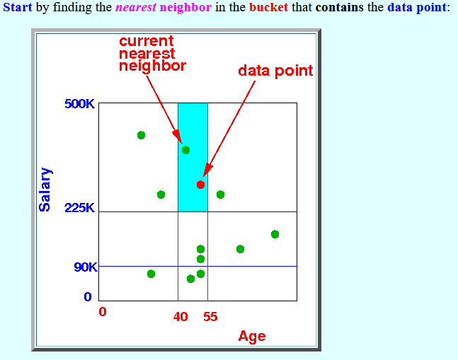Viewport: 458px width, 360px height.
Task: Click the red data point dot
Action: (200, 185)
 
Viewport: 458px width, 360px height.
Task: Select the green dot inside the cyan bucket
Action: (185, 150)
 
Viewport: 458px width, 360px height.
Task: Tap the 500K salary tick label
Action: (79, 104)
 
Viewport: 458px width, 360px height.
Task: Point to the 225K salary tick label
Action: (79, 208)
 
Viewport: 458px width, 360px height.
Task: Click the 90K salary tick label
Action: (85, 267)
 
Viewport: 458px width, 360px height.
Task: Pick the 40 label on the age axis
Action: (181, 317)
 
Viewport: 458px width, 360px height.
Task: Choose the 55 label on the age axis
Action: (211, 317)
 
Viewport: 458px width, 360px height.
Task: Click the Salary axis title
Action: (45, 190)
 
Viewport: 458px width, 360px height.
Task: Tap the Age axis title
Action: (252, 337)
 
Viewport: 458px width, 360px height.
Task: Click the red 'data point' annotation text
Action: (275, 71)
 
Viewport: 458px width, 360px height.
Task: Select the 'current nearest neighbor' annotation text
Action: (152, 53)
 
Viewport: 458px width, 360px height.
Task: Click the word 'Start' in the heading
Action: (18, 7)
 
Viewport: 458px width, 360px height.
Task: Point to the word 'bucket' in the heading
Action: (268, 7)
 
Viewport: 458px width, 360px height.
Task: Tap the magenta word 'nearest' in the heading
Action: (136, 7)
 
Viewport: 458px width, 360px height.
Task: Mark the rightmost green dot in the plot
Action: (275, 234)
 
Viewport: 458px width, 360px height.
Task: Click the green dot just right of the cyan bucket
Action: (221, 194)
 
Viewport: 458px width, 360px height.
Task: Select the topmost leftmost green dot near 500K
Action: (141, 135)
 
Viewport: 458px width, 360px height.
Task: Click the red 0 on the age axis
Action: (103, 312)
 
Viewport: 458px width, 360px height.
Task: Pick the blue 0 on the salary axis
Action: (88, 296)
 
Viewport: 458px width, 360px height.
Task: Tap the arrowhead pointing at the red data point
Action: (207, 170)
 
